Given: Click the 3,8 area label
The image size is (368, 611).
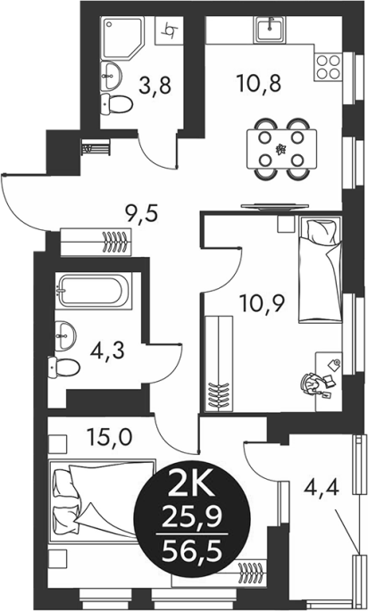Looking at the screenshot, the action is [x=155, y=86].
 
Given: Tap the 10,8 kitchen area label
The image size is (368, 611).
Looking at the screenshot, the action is [x=258, y=83].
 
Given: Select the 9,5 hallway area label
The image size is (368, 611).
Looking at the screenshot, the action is [x=140, y=213].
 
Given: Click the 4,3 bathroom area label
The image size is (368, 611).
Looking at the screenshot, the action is [x=107, y=351].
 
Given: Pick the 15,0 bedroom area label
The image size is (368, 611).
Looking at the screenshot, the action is [x=110, y=436].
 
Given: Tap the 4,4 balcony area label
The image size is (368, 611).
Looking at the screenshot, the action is [x=322, y=486].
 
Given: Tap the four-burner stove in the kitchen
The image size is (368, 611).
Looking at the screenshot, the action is [x=328, y=67].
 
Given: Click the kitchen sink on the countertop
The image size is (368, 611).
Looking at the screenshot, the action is [x=270, y=29].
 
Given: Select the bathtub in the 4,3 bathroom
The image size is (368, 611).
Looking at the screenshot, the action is [x=93, y=291].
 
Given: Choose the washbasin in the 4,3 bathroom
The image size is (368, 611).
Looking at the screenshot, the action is [x=65, y=335].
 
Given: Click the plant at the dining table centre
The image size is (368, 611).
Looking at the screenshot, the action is [x=280, y=149].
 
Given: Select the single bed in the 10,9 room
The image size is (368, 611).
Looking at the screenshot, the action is [x=320, y=268].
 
